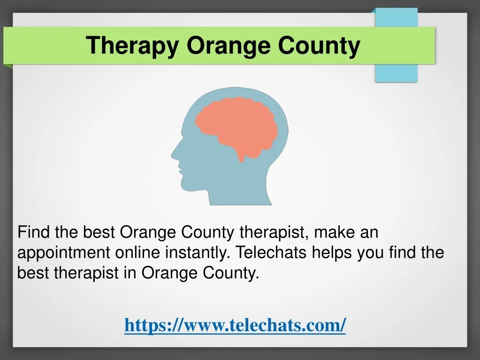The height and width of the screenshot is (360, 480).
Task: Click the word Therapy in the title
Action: pyautogui.click(x=132, y=46)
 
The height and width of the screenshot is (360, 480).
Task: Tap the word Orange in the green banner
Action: pyautogui.click(x=229, y=46)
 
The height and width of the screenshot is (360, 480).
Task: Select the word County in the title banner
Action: pyautogui.click(x=319, y=46)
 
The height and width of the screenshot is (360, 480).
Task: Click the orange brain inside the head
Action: pyautogui.click(x=236, y=125)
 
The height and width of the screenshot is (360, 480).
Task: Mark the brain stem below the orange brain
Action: pyautogui.click(x=242, y=157)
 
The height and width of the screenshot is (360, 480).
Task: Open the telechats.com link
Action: pyautogui.click(x=235, y=325)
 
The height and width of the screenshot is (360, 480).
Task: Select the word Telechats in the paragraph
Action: pyautogui.click(x=271, y=253)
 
